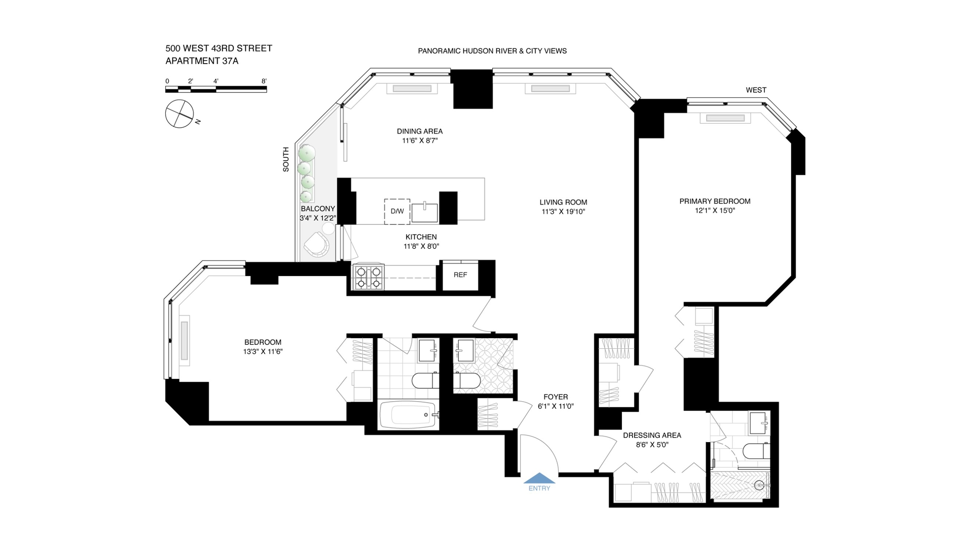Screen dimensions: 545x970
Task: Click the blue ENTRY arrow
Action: coord(539,478)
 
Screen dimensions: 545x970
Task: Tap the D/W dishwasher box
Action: coord(397,211)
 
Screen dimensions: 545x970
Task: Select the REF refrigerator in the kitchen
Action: coord(460,275)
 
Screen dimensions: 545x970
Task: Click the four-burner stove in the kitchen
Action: coord(368,277)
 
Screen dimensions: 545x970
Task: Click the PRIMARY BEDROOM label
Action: coord(714,201)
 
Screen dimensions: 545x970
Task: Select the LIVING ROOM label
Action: coord(563,202)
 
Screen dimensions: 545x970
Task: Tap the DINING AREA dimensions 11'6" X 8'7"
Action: coord(419,141)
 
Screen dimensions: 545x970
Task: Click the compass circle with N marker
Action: coord(179,114)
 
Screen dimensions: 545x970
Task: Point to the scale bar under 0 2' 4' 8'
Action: coord(216,90)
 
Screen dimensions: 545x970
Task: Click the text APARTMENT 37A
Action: coord(202,61)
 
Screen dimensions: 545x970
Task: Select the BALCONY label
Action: coord(318,208)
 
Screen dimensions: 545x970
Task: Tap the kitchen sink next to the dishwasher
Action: coord(424,212)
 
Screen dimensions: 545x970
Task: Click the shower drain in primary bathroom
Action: coord(759,485)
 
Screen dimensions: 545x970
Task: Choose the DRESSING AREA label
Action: coord(652,435)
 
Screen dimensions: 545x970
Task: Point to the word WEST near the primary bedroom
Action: coord(756,90)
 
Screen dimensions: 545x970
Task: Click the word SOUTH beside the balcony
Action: coord(286,159)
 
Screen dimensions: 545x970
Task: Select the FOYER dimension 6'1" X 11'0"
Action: coord(556,406)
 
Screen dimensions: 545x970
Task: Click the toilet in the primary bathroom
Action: coord(756,451)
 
